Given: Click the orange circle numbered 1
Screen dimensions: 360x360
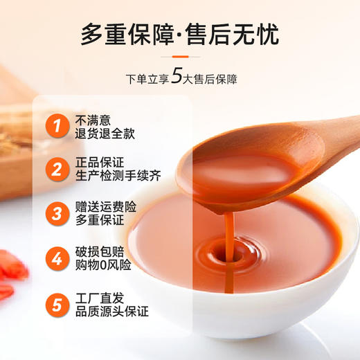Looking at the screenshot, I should tap(55, 126).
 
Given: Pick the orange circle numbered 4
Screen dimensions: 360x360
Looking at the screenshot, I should tap(55, 258).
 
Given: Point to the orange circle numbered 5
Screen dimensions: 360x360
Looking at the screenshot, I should tap(55, 303).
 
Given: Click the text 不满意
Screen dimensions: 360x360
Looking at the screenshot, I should tap(94, 119).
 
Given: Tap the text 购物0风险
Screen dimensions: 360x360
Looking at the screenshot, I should tap(104, 265).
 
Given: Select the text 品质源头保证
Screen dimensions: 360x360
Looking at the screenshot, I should tap(111, 311).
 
